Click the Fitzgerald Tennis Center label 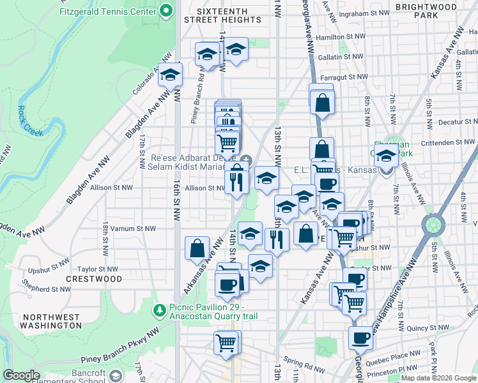coord(107,11)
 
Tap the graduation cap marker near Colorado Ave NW coord(170,75)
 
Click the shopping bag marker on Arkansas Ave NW coord(197,247)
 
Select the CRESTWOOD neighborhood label coord(94,279)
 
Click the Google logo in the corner coord(21,375)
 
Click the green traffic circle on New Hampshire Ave coord(433,225)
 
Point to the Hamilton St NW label coord(339,38)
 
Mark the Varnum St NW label coord(137,228)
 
